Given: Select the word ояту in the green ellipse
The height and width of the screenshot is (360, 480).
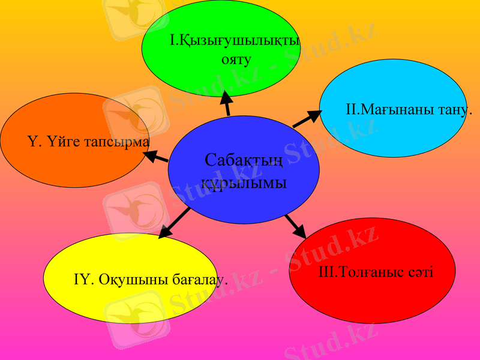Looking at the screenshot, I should point(236,59).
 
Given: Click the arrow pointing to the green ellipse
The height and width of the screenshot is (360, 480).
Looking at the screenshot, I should point(226,103).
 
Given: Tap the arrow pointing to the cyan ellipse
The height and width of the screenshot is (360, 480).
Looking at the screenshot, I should point(307,119).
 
